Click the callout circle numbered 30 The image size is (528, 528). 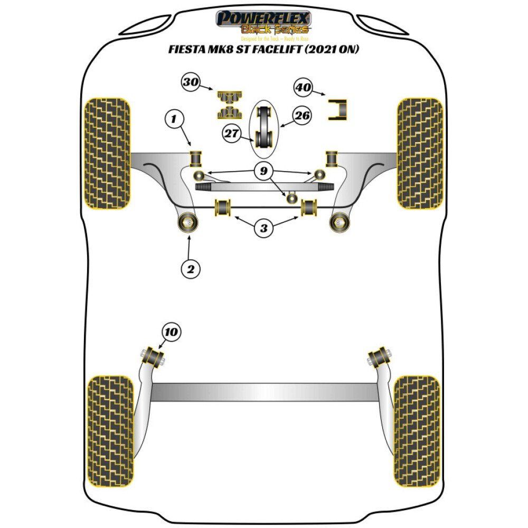click(x=191, y=82)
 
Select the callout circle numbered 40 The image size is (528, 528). click(x=303, y=87)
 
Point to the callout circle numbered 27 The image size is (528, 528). click(x=232, y=133)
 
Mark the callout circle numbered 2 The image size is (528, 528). click(x=190, y=269)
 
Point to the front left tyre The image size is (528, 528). click(x=108, y=153)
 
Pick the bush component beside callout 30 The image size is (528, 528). click(x=228, y=105)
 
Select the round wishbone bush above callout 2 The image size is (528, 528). click(x=188, y=224)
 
